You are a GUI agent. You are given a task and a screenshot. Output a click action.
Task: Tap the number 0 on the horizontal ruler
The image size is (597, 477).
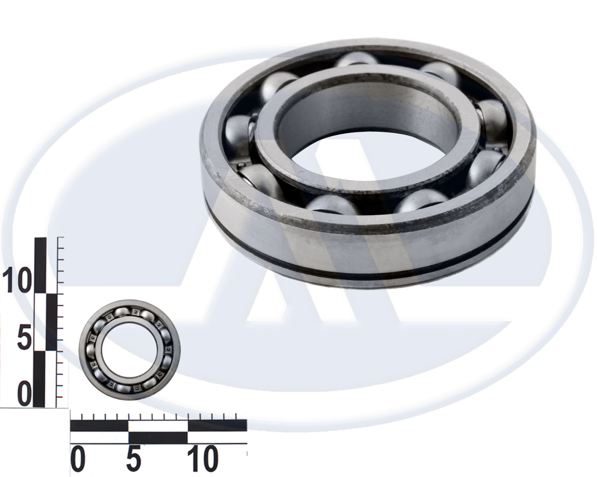coord(78,459)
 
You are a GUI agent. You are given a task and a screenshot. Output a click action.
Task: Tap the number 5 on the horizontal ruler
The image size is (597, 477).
coord(133,459)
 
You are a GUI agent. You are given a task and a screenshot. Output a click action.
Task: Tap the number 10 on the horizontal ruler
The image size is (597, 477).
coord(201,459)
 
